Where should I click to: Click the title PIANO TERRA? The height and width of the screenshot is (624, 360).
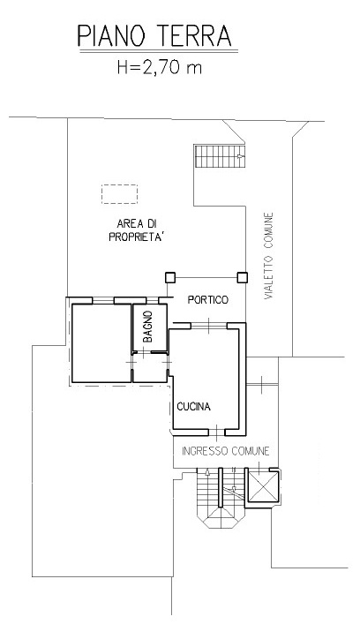(154, 35)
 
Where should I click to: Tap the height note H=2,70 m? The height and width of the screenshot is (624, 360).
(160, 67)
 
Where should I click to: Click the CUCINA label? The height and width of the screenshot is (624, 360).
(194, 407)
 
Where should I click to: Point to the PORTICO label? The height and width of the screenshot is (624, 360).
(208, 300)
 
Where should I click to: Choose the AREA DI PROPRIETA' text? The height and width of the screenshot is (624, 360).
(137, 230)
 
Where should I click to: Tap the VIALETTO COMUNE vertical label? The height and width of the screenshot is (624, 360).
(269, 256)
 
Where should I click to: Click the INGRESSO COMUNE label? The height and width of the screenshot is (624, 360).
(226, 451)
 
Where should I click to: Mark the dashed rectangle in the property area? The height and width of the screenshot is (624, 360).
(119, 194)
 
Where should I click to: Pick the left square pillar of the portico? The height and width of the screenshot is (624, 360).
(170, 277)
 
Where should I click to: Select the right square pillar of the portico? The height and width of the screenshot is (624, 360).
(243, 277)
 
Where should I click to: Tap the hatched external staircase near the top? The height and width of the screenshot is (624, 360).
(220, 156)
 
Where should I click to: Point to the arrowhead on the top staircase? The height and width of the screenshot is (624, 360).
(240, 156)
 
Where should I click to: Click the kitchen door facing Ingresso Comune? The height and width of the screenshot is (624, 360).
(216, 432)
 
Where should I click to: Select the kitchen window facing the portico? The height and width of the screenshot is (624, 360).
(209, 326)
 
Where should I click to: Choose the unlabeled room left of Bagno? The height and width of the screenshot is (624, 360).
(101, 343)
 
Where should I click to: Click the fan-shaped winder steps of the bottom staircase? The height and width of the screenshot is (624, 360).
(221, 517)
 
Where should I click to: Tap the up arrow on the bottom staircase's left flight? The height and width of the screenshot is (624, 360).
(207, 473)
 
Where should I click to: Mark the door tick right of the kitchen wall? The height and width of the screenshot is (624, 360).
(262, 385)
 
